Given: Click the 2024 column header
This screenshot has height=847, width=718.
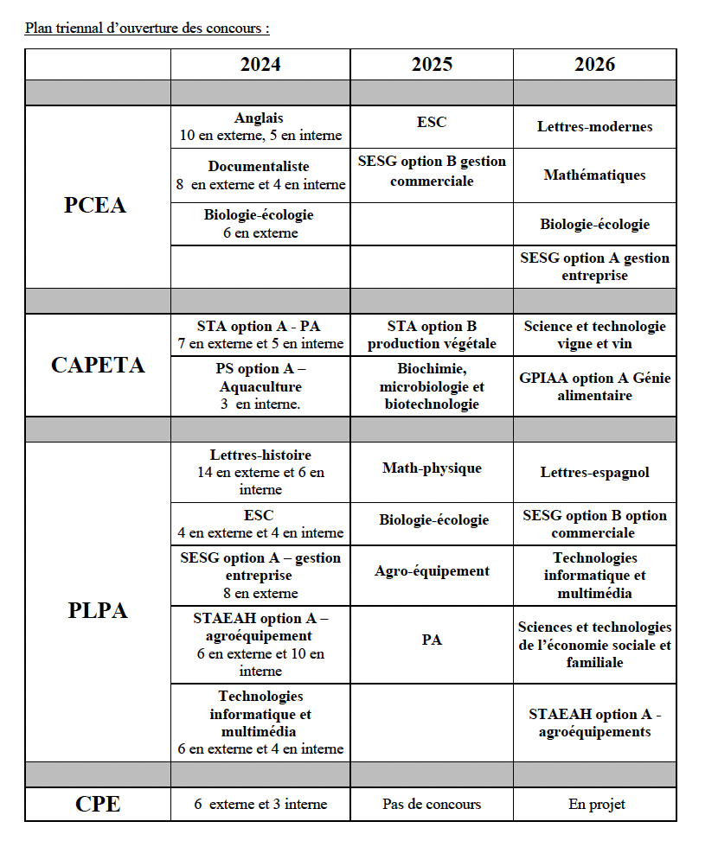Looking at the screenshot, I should click(260, 65).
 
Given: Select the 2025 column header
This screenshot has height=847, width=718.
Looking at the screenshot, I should click(432, 65).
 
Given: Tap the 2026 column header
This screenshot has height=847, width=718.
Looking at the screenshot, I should click(594, 65).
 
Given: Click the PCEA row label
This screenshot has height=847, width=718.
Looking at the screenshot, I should click(95, 205).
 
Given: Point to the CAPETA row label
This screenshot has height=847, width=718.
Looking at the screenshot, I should click(98, 365).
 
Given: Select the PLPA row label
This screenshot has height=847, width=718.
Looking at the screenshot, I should click(98, 610).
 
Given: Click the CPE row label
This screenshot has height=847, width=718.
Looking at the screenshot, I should click(98, 805).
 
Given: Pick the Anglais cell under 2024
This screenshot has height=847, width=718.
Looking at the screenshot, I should click(260, 126).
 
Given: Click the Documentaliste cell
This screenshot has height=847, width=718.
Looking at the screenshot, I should click(260, 175).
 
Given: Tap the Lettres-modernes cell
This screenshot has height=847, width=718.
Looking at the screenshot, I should click(594, 126).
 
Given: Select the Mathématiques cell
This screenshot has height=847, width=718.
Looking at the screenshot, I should click(594, 175).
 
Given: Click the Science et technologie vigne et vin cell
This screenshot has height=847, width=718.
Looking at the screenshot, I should click(594, 334).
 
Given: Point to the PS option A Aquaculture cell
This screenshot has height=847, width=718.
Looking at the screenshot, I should click(260, 385).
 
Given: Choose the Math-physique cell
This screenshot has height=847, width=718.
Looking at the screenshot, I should click(432, 468).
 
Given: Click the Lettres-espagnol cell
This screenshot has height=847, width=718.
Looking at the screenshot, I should click(594, 472).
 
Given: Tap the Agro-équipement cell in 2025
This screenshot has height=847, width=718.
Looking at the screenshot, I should click(432, 570).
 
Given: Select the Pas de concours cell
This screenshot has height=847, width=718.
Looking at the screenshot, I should click(432, 804).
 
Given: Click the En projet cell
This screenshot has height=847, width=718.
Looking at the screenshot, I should click(594, 804).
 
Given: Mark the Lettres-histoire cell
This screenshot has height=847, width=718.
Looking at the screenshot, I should click(260, 471).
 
